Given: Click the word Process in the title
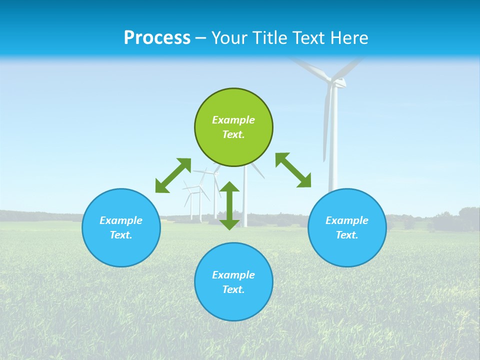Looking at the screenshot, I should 157,38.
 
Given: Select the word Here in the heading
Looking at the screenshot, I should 349,38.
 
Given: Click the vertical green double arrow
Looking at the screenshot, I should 229,205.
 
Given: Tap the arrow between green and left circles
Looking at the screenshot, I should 173,175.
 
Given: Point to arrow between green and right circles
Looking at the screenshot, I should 293,170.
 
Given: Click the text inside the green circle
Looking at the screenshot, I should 233,127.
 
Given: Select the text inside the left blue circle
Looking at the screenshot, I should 121,227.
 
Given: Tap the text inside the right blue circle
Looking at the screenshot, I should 347,227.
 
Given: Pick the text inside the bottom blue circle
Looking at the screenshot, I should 233,282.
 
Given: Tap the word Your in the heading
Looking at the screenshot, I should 229,38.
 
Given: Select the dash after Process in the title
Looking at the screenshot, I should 200,38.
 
